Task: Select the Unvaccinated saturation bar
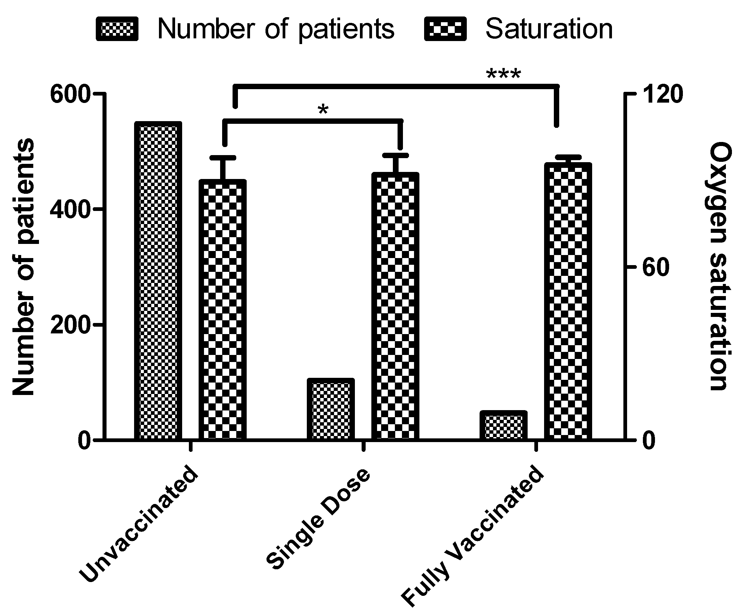pyautogui.click(x=222, y=310)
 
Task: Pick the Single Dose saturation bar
pyautogui.click(x=395, y=306)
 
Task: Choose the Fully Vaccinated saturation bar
pyautogui.click(x=568, y=301)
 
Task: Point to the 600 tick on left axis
pyautogui.click(x=70, y=94)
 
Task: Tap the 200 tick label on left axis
pyautogui.click(x=70, y=324)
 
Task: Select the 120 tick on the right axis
pyautogui.click(x=663, y=94)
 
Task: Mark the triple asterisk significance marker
pyautogui.click(x=503, y=74)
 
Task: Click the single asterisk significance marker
pyautogui.click(x=323, y=110)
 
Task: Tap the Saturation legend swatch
pyautogui.click(x=445, y=29)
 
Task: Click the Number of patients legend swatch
pyautogui.click(x=117, y=29)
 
